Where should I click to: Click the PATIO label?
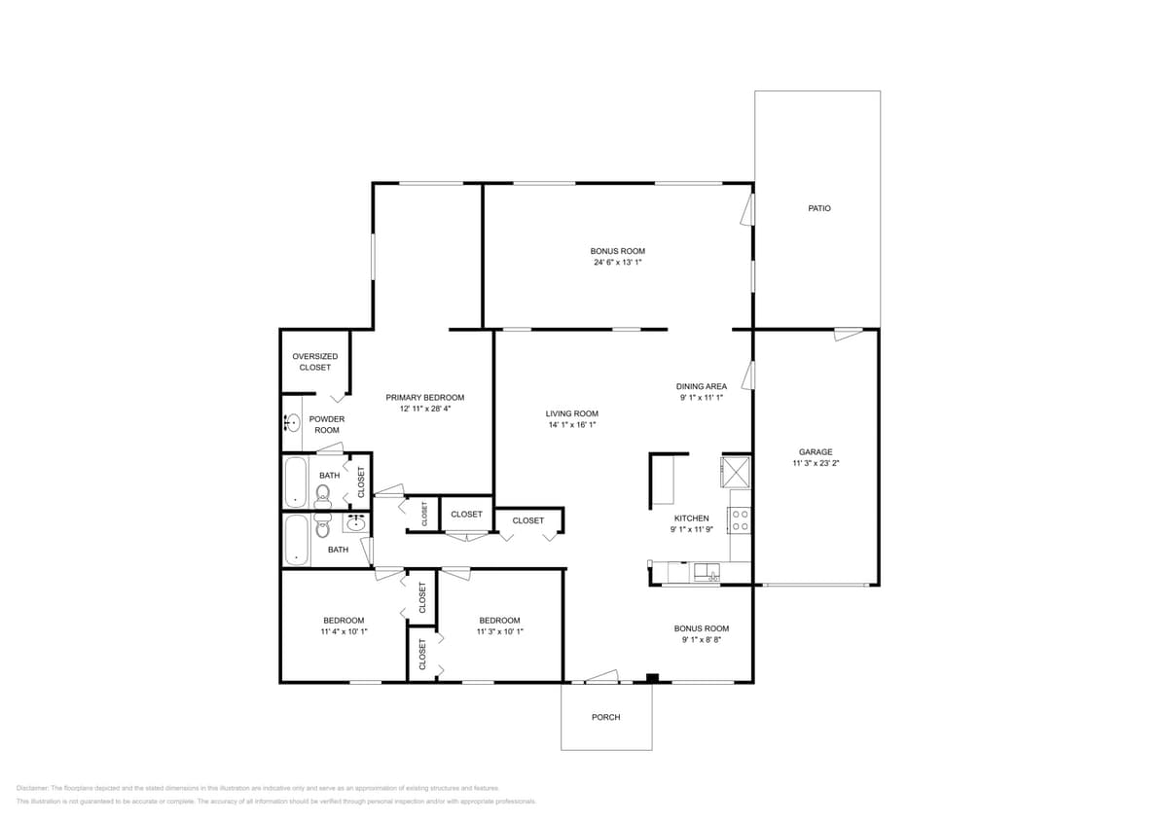pyautogui.click(x=819, y=208)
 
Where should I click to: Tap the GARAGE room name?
pyautogui.click(x=816, y=451)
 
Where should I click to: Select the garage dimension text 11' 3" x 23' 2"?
pyautogui.click(x=816, y=464)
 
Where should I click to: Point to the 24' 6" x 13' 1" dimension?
pyautogui.click(x=617, y=263)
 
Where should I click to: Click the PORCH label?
pyautogui.click(x=605, y=717)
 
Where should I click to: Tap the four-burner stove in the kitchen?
pyautogui.click(x=740, y=520)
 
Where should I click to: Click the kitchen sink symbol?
pyautogui.click(x=706, y=572)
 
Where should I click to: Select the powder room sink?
pyautogui.click(x=291, y=423)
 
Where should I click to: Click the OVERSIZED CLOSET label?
pyautogui.click(x=314, y=362)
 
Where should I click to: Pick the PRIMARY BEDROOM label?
pyautogui.click(x=424, y=397)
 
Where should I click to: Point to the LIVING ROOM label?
pyautogui.click(x=571, y=413)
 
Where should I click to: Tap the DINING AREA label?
pyautogui.click(x=702, y=386)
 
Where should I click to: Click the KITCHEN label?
pyautogui.click(x=691, y=518)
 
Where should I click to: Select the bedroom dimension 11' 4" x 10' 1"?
pyautogui.click(x=344, y=632)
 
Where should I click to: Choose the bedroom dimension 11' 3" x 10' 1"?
pyautogui.click(x=499, y=632)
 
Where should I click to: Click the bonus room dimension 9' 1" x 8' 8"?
pyautogui.click(x=701, y=640)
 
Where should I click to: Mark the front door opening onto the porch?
pyautogui.click(x=601, y=677)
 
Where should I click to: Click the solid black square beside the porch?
pyautogui.click(x=653, y=678)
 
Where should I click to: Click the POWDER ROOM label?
pyautogui.click(x=326, y=424)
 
